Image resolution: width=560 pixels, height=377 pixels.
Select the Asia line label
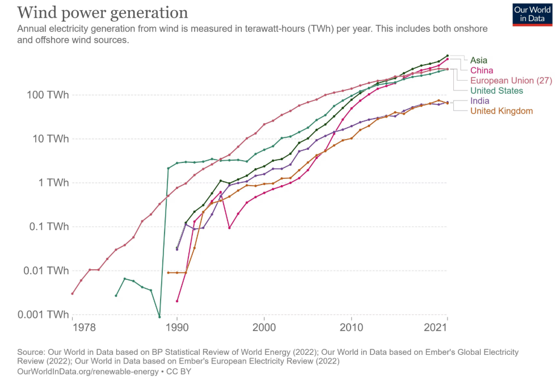478,60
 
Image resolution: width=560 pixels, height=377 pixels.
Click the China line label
482,70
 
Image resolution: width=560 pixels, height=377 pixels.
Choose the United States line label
496,91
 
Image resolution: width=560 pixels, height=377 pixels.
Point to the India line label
479,101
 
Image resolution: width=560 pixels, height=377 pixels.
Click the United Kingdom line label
502,111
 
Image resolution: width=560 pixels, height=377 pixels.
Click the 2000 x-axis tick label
264,328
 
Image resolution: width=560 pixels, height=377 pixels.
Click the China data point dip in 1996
229,228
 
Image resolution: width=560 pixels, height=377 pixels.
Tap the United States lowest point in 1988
159,317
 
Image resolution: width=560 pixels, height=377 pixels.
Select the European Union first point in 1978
72,294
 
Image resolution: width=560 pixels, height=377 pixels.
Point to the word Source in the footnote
31,353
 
